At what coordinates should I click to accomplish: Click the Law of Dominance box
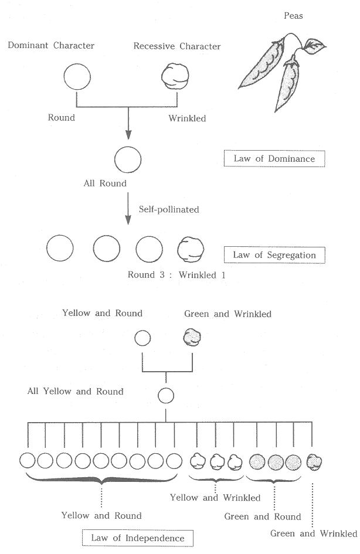click(274, 159)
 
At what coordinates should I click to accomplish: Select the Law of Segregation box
click(274, 255)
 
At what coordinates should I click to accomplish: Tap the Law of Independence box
click(138, 538)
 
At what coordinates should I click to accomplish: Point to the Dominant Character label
click(51, 46)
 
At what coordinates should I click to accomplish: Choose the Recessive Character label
click(176, 46)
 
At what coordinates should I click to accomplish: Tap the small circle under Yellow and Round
click(142, 338)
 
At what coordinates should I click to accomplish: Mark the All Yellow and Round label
click(76, 391)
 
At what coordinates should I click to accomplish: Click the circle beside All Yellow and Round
click(166, 396)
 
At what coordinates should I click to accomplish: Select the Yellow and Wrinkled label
click(215, 498)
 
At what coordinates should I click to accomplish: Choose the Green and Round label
click(263, 516)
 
